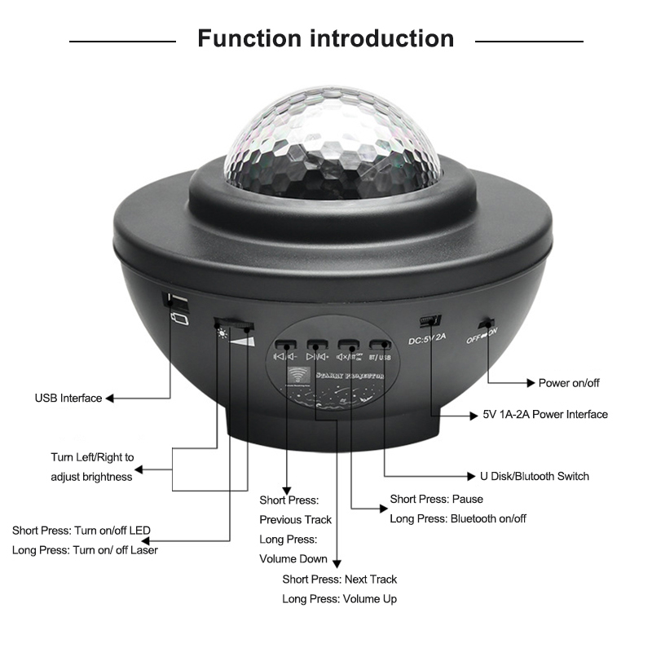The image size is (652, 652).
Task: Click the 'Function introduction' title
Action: click(326, 38)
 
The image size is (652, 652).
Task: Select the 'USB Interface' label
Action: click(68, 399)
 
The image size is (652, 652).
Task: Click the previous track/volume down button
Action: click(284, 345)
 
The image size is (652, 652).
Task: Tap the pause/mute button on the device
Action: click(348, 345)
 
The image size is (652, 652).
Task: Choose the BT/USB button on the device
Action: click(379, 345)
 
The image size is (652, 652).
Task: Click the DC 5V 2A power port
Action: click(430, 319)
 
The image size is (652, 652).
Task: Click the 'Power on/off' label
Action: click(569, 382)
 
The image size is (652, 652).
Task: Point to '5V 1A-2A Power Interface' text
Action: click(540, 414)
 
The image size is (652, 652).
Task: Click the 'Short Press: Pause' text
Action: click(436, 499)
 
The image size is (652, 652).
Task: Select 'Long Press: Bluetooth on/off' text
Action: click(458, 518)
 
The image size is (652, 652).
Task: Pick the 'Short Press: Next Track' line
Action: click(340, 579)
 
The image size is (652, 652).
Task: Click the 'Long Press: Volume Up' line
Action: click(340, 599)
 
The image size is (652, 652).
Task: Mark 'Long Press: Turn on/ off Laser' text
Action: click(85, 550)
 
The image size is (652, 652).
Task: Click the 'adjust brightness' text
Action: click(91, 477)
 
